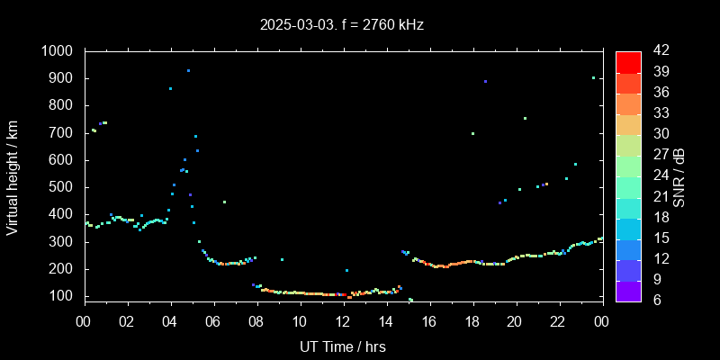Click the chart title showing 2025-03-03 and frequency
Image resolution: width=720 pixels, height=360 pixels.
coord(342,24)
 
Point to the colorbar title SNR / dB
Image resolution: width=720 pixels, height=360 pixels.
coord(679,176)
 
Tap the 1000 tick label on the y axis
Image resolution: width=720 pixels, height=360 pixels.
coord(59,51)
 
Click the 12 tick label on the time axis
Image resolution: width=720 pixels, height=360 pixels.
coord(343,320)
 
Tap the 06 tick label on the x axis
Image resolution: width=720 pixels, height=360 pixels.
coord(213,320)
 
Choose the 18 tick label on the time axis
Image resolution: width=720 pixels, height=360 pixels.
coord(472,320)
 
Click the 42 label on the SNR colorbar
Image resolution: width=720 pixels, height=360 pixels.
coord(655,51)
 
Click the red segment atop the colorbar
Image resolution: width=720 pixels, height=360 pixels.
coord(628,61)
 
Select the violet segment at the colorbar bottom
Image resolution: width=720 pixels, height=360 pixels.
coord(628,290)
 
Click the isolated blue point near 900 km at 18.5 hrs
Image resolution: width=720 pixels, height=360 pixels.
coord(485,81)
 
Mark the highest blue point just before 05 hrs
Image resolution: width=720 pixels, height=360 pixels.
coord(188,70)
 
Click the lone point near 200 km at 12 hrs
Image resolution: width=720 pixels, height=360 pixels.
coord(346,270)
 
